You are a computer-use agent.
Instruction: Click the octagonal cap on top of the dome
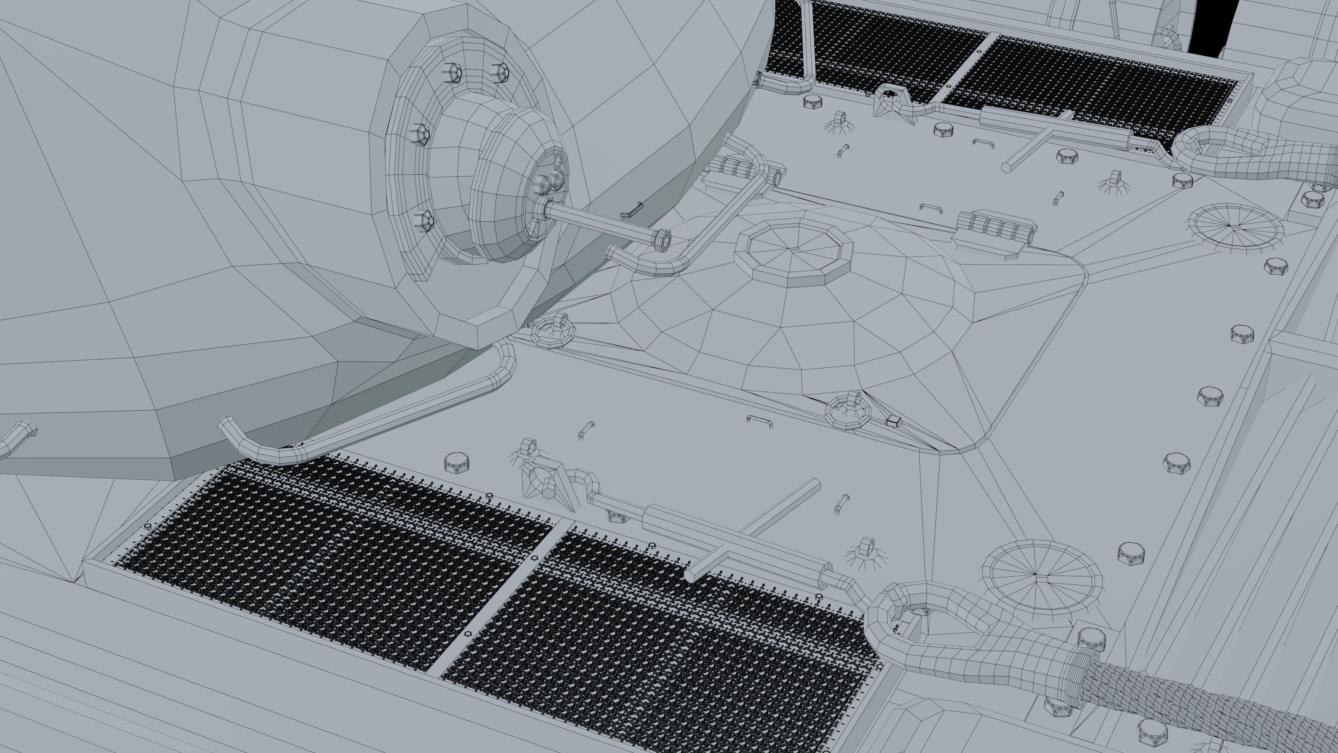(793, 251)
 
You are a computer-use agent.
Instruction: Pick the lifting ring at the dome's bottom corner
(848, 409)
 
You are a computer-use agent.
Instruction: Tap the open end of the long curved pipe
(226, 427)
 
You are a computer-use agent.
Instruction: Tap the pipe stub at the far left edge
(18, 436)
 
